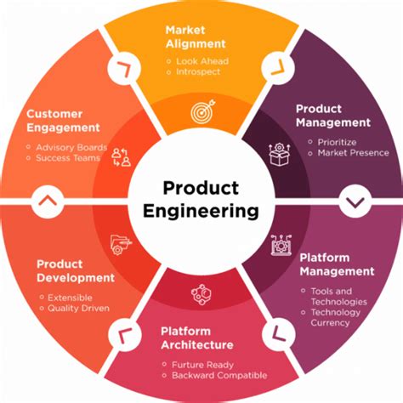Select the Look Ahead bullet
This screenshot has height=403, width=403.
click(x=201, y=62)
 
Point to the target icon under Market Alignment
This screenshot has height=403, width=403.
click(x=202, y=111)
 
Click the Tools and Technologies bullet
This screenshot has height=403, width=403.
click(x=338, y=296)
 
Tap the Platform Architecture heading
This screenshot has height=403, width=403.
click(x=196, y=338)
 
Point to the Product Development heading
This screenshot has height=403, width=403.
click(x=75, y=270)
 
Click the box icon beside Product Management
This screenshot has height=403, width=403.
click(x=281, y=154)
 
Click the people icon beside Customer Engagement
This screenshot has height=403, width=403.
click(x=122, y=156)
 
